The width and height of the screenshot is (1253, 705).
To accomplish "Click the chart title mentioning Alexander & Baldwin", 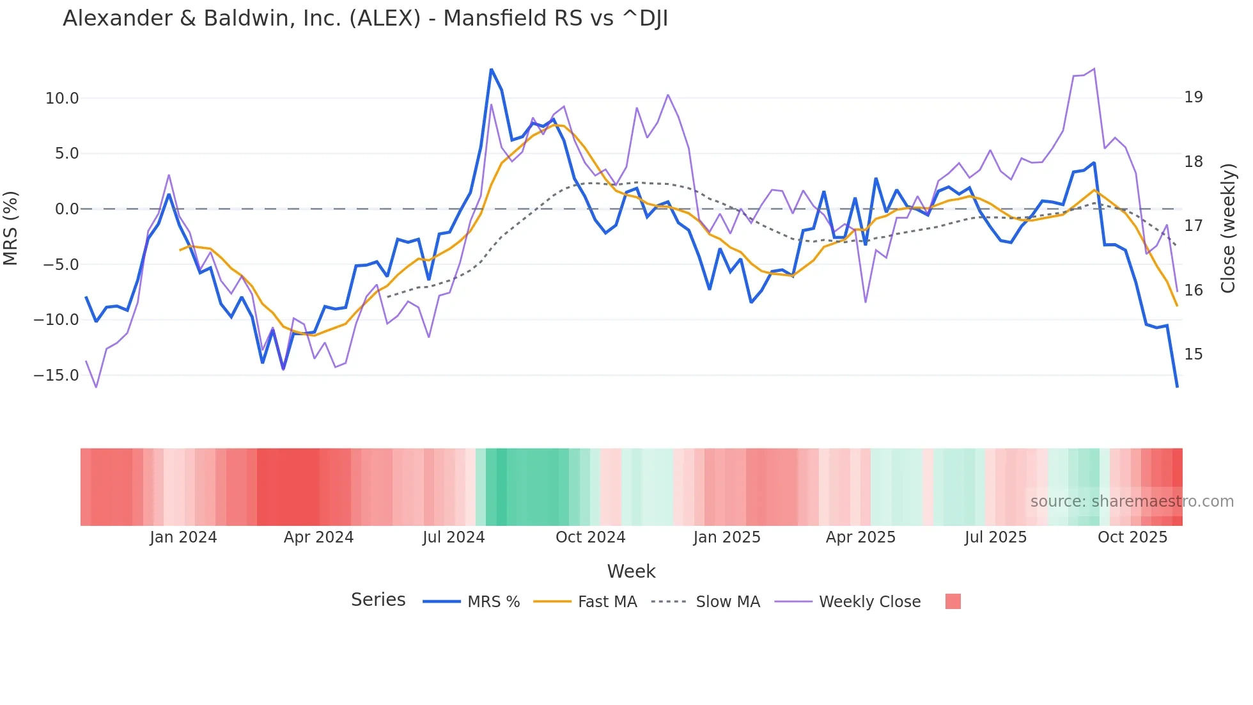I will tap(365, 19).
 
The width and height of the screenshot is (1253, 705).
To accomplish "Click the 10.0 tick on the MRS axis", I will tap(62, 99).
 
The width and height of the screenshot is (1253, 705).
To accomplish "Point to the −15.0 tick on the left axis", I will tap(56, 376).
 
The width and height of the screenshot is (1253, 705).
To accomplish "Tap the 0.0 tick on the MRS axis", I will tap(66, 209).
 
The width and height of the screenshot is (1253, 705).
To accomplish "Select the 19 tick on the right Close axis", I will tap(1194, 97).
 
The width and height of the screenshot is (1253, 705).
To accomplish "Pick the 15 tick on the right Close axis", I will tap(1194, 354).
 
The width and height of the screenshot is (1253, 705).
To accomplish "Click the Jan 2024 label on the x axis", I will tap(183, 537).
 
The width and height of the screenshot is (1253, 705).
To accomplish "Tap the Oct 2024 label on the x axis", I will tap(590, 537).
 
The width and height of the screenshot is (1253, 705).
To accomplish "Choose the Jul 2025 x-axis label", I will tap(995, 537).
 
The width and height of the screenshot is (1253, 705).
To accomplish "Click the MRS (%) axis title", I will tap(11, 228).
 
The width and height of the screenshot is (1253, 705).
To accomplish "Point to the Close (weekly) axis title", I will tap(1228, 228).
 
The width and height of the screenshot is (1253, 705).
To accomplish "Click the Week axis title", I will tap(631, 571).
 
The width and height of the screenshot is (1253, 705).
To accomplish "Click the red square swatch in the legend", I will tap(953, 601).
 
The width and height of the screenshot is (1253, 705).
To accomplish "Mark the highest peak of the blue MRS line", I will tap(491, 69).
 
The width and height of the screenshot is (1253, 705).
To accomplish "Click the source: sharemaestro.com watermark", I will tap(1132, 502).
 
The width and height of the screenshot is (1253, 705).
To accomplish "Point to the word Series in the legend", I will tap(378, 600).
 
